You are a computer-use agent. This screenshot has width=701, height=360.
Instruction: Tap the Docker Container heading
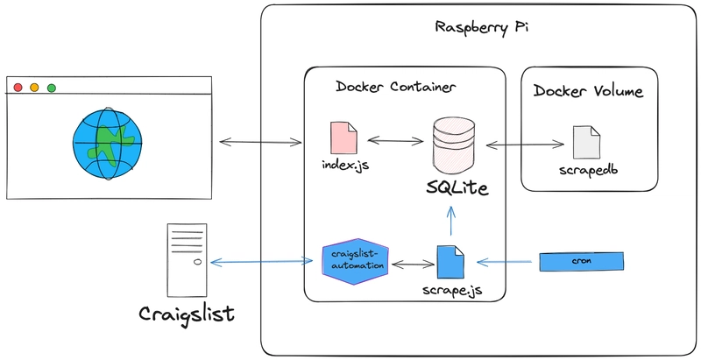[395, 88]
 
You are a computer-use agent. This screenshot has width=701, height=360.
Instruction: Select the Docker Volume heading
[588, 91]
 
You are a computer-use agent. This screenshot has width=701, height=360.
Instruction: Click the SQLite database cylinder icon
[453, 141]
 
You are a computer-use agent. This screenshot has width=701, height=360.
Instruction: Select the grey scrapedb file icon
[586, 143]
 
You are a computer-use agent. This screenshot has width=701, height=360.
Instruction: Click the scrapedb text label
[586, 168]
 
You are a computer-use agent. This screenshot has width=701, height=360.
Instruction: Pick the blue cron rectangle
[581, 261]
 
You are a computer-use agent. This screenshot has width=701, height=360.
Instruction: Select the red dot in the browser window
[17, 88]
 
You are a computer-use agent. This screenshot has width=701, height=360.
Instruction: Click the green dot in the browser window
[52, 88]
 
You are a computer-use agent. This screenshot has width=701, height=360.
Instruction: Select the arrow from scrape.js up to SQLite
[450, 220]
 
